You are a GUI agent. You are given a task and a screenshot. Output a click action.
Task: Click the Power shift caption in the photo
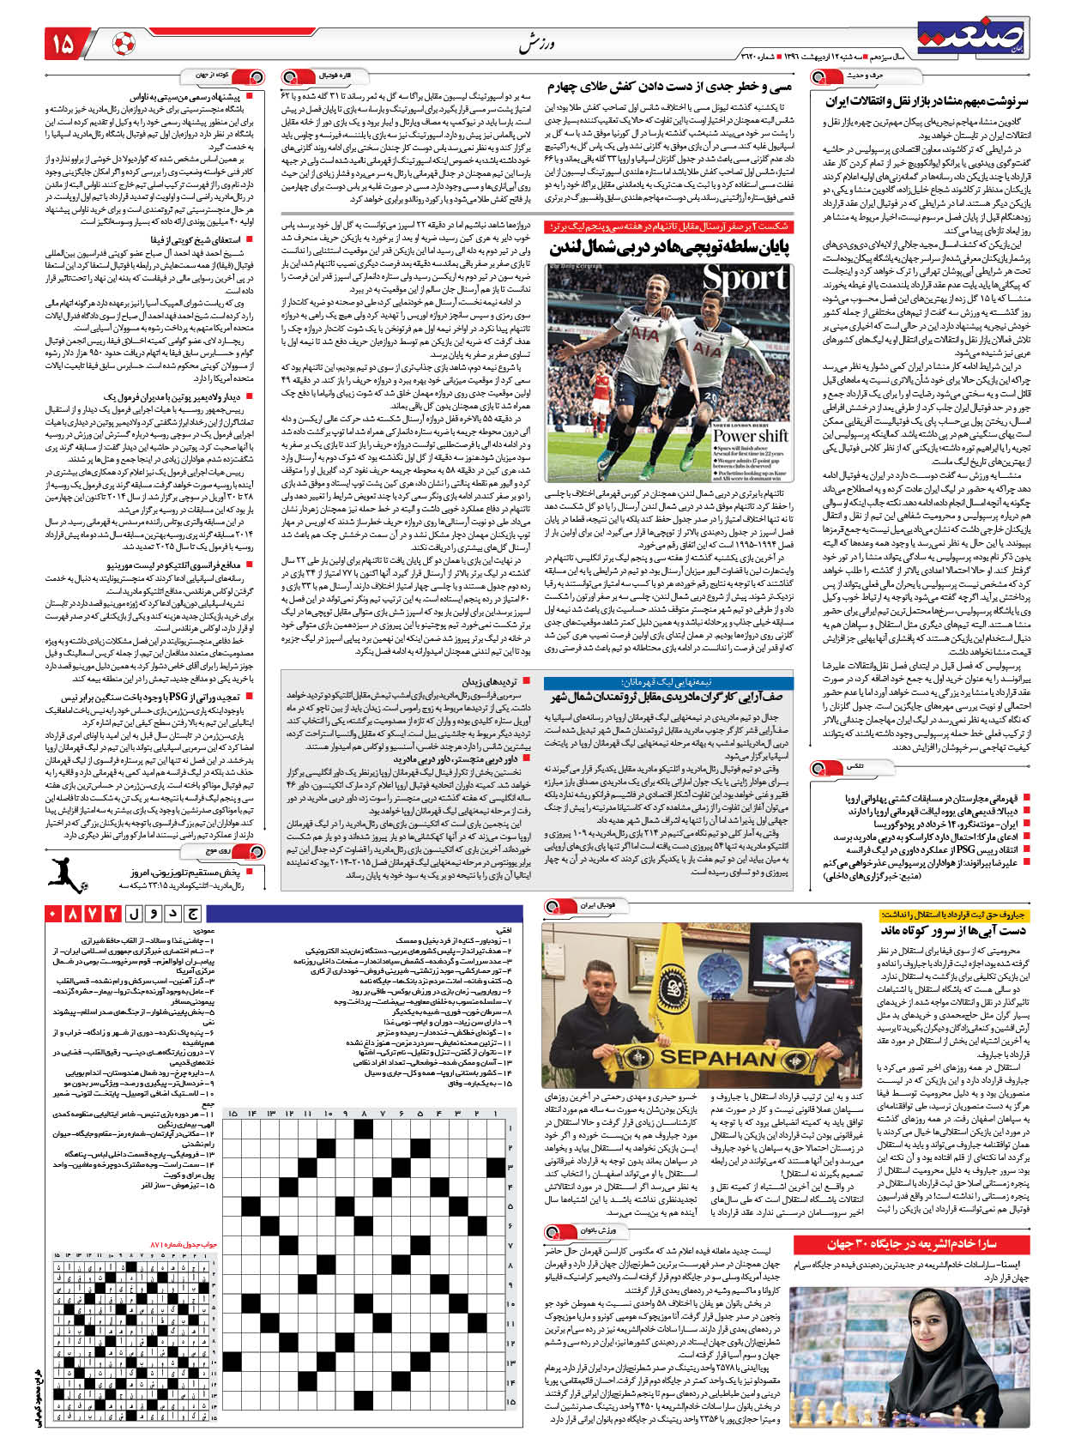[x=749, y=435]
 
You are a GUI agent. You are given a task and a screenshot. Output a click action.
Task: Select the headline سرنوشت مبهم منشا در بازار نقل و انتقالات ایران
[x=927, y=101]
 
